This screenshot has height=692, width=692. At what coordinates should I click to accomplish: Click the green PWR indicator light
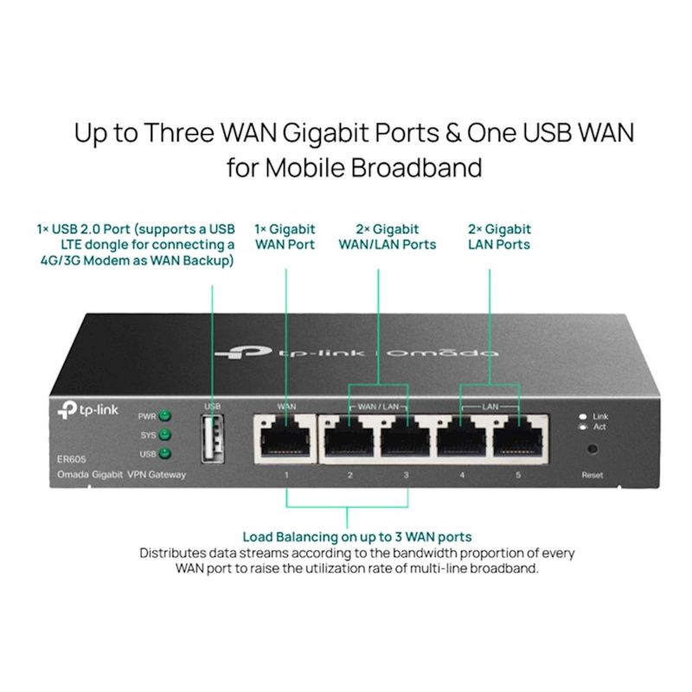pyautogui.click(x=164, y=416)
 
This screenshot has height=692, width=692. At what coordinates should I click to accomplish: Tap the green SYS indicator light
pyautogui.click(x=164, y=435)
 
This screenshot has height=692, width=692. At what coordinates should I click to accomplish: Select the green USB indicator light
pyautogui.click(x=164, y=453)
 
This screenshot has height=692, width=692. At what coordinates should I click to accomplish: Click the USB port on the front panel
pyautogui.click(x=212, y=439)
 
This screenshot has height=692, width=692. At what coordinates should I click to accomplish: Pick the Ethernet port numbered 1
pyautogui.click(x=285, y=439)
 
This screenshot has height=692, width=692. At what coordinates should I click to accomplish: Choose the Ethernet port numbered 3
pyautogui.click(x=406, y=439)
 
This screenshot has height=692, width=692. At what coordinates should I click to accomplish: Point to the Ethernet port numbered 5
pyautogui.click(x=518, y=439)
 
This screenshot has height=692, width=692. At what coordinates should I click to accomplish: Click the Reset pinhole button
pyautogui.click(x=593, y=449)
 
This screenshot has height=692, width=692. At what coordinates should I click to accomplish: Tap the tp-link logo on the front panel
pyautogui.click(x=88, y=410)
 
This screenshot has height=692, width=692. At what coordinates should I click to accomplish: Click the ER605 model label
pyautogui.click(x=72, y=459)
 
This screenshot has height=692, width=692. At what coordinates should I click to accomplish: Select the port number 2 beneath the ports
pyautogui.click(x=349, y=475)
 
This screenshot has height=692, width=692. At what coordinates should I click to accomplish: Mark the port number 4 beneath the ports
pyautogui.click(x=462, y=475)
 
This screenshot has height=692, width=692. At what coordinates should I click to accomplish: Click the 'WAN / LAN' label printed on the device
pyautogui.click(x=378, y=407)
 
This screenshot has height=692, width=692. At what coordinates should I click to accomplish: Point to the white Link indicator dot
pyautogui.click(x=583, y=417)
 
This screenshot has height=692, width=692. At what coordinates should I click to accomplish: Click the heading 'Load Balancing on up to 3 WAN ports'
pyautogui.click(x=357, y=537)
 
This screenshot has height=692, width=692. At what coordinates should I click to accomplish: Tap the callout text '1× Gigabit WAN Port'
pyautogui.click(x=285, y=237)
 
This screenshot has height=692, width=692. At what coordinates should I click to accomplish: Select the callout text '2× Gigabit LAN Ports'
pyautogui.click(x=499, y=237)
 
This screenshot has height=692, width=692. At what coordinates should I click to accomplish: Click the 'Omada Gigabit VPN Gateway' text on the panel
pyautogui.click(x=121, y=475)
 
